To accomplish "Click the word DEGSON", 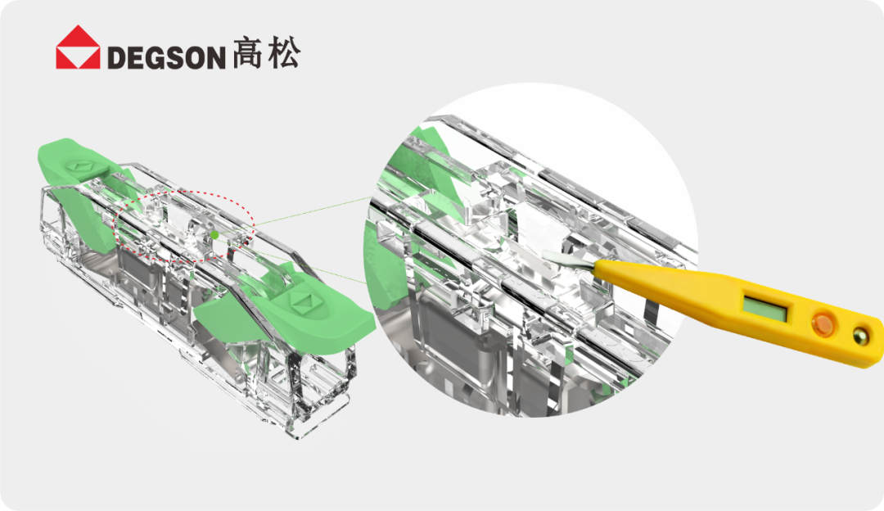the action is (x=166, y=57).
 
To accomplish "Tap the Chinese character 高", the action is (x=247, y=52).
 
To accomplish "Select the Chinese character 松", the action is (x=283, y=52).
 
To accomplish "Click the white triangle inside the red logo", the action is (x=78, y=58).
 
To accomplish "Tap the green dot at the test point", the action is (x=214, y=235).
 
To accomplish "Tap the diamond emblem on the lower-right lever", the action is (x=303, y=302).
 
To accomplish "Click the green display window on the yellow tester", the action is (x=765, y=307).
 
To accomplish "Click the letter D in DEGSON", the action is (x=117, y=57).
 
